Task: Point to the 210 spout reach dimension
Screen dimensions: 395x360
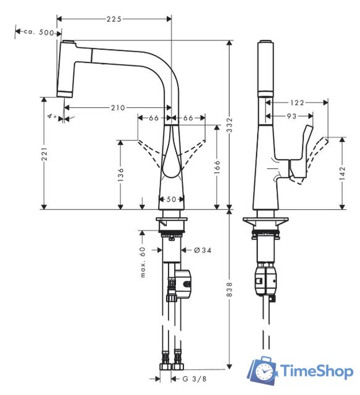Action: [x=118, y=108]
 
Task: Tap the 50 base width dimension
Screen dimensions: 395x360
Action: [x=170, y=199]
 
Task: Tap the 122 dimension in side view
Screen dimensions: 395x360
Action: [x=296, y=102]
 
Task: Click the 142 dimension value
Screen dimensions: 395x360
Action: [x=343, y=175]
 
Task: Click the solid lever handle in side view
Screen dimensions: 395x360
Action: [x=304, y=157]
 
